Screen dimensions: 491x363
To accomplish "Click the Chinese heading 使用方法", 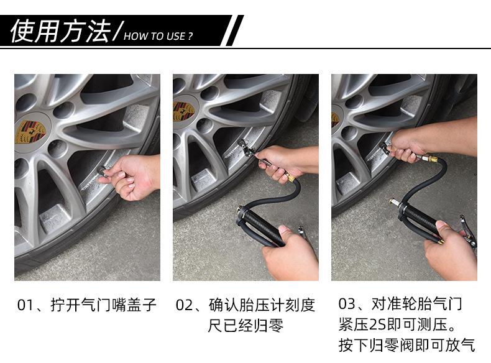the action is [60, 30].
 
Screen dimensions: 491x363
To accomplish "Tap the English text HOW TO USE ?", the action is [158, 36].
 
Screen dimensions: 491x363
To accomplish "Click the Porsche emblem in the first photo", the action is [30, 132].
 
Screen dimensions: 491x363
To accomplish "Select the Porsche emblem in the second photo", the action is [183, 111].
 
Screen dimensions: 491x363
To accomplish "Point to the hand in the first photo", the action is [132, 177].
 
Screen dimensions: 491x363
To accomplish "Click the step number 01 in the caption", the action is [25, 305].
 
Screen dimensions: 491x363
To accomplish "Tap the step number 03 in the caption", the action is [346, 304].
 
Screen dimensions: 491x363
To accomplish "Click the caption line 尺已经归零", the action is [245, 326].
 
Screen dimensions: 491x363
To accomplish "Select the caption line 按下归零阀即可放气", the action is [406, 345].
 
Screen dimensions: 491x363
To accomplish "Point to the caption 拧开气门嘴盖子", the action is [103, 305].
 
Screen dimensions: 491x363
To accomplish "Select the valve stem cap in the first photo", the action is [102, 171].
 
